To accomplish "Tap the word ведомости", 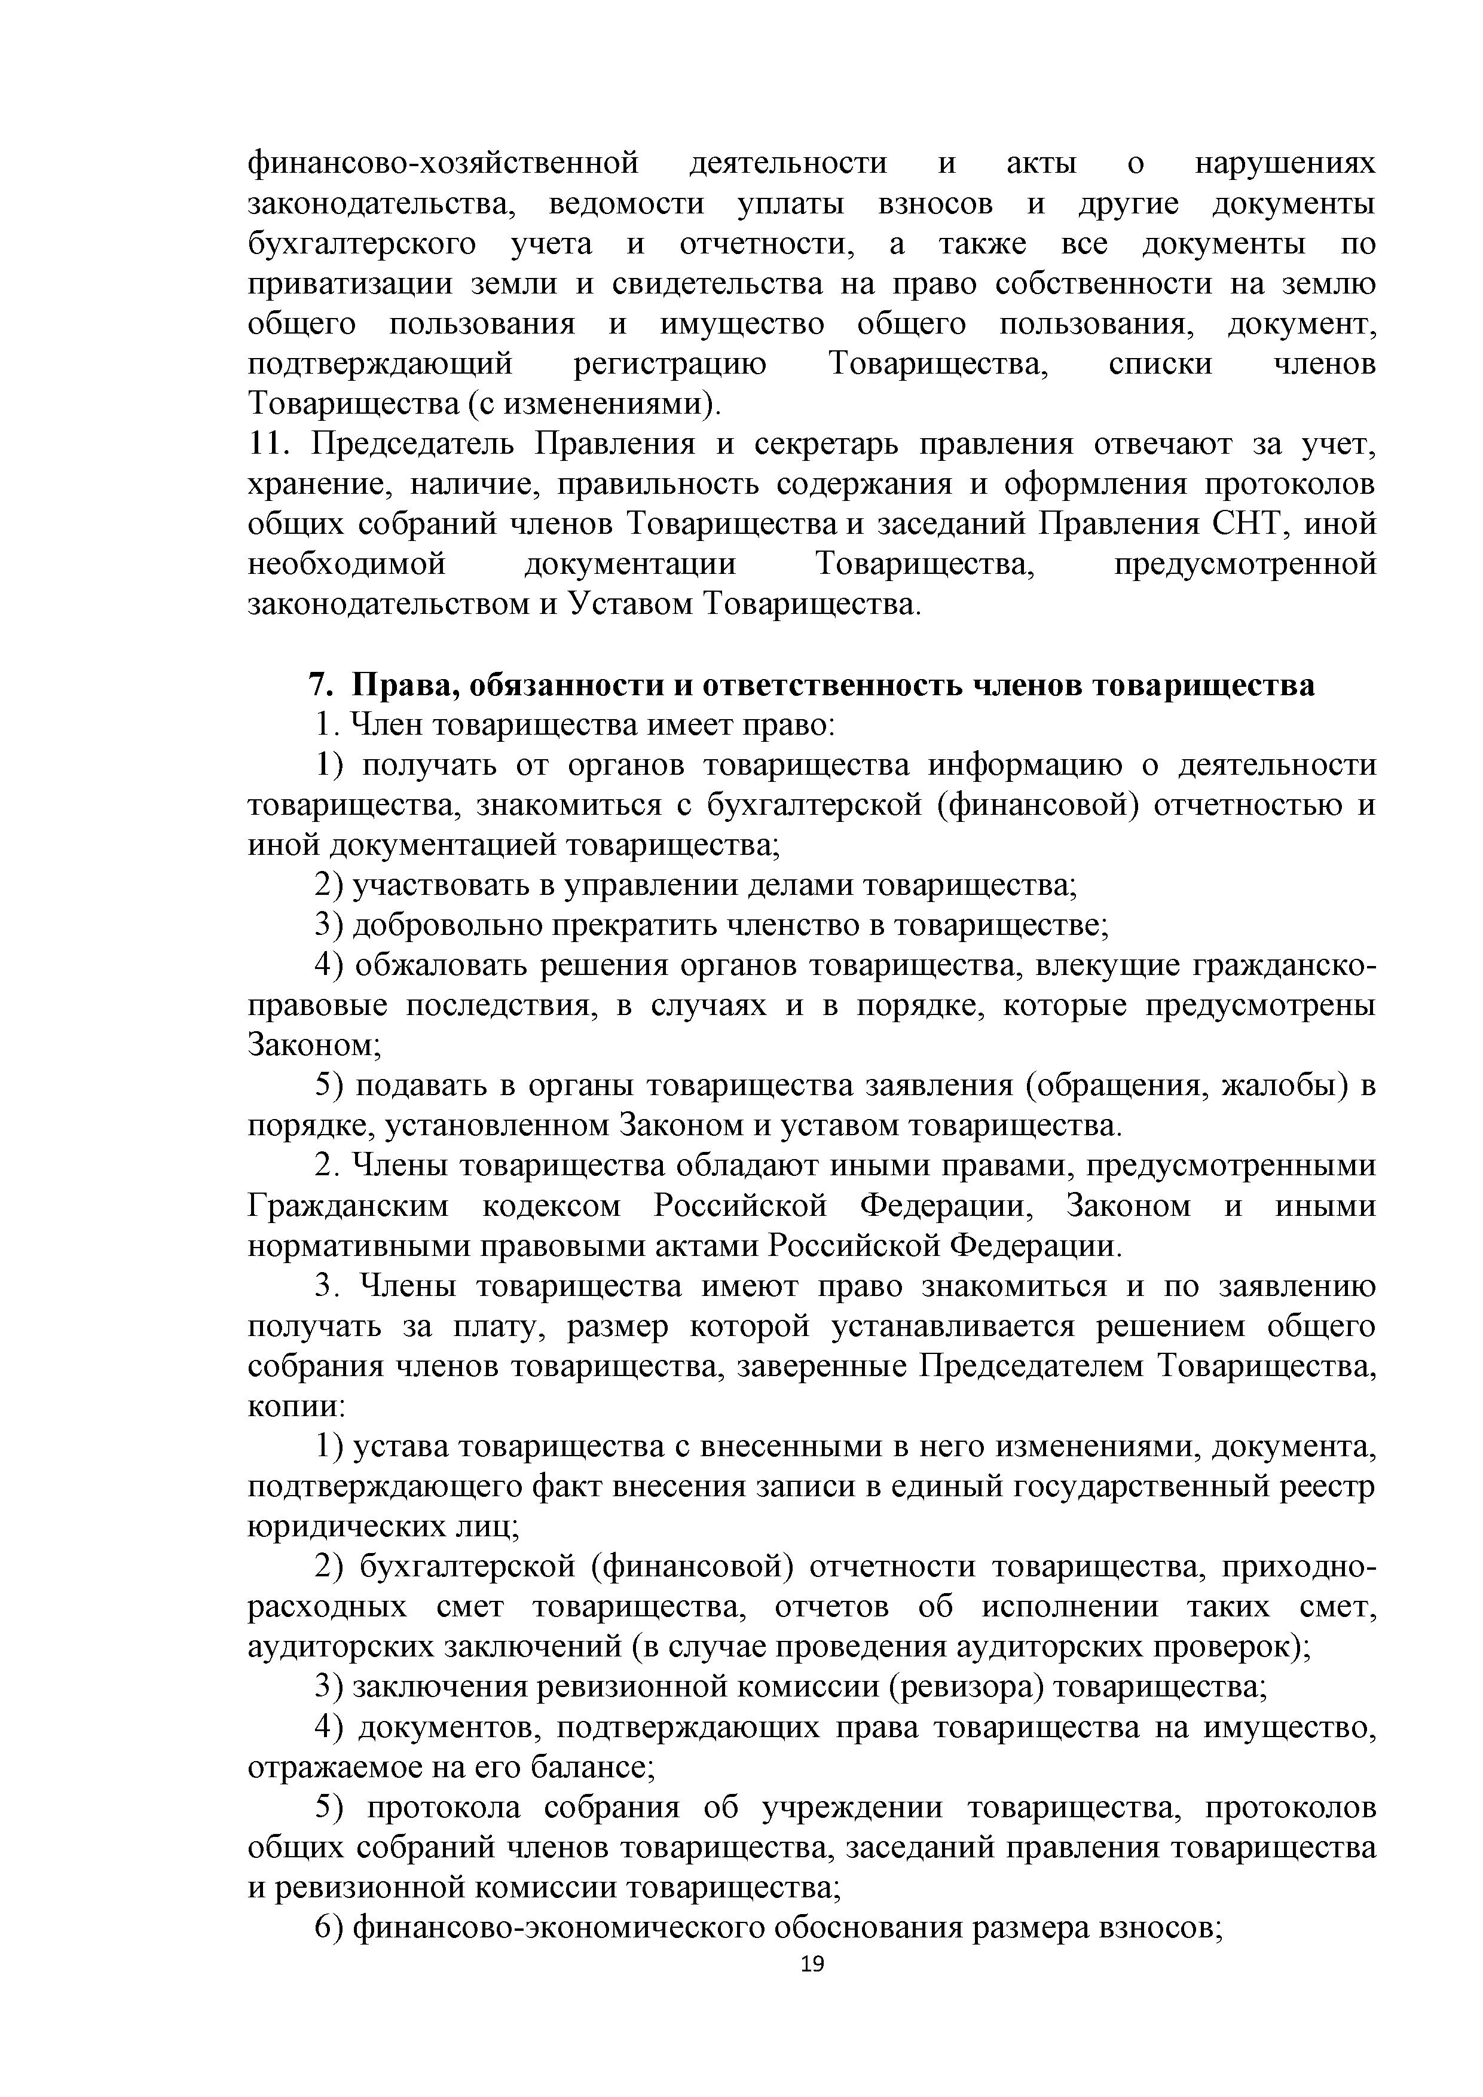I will pyautogui.click(x=626, y=204).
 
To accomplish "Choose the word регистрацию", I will pyautogui.click(x=670, y=365).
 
